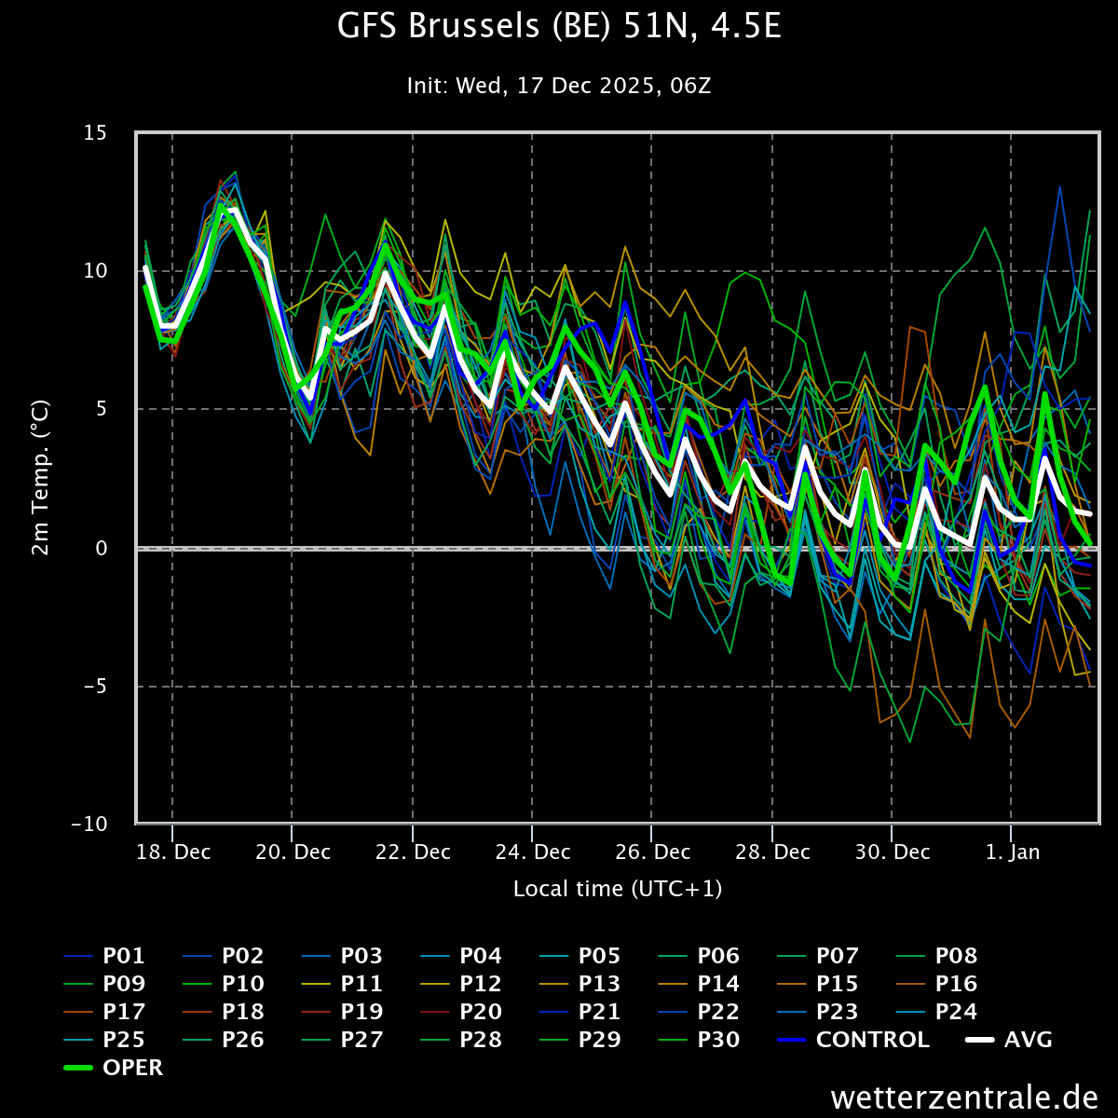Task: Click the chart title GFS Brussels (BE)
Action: (559, 28)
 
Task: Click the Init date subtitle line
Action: (559, 86)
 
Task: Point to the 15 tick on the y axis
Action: (95, 133)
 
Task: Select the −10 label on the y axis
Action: (89, 825)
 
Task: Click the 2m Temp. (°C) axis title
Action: (40, 478)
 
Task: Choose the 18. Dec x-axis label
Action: (172, 852)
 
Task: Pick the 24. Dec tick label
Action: (532, 852)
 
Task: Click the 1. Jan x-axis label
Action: (1012, 852)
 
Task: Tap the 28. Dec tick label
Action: (772, 852)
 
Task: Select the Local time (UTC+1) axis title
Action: (618, 889)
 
